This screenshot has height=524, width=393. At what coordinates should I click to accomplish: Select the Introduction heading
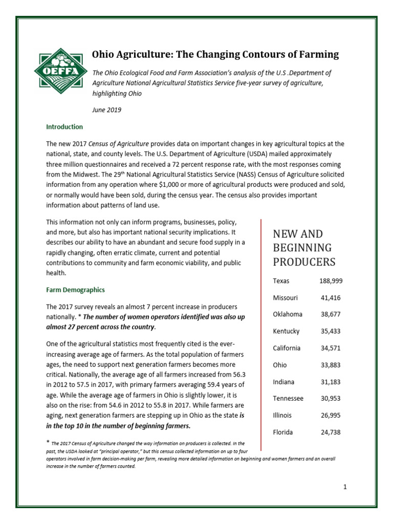pos(64,126)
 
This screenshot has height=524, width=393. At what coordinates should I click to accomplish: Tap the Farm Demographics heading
pos(75,290)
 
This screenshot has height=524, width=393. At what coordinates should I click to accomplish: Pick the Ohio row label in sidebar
pos(280,365)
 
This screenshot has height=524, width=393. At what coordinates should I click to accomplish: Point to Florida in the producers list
pos(283,432)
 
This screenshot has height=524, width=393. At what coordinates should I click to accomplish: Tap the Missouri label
pos(286,298)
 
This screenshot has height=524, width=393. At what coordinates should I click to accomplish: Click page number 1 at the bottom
pos(345,487)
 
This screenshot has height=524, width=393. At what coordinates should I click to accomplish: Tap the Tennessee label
pos(288,398)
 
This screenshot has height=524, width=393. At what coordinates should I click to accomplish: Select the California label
pos(287,348)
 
